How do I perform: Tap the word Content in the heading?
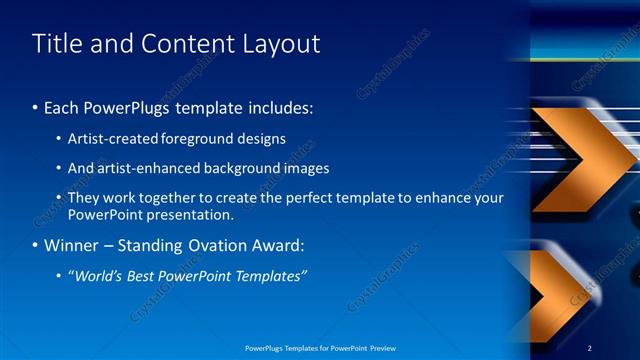point(185,44)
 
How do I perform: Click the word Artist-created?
point(111,139)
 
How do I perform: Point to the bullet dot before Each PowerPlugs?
point(36,107)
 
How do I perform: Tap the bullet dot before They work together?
point(59,198)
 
